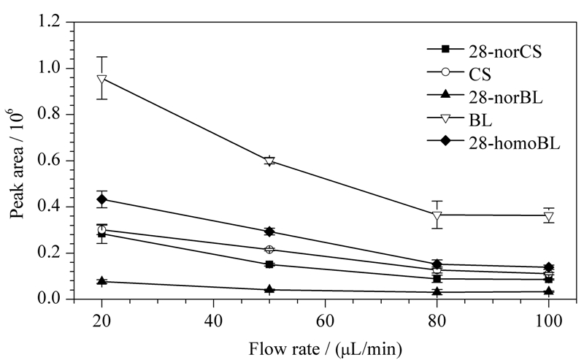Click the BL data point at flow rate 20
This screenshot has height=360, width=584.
tap(101, 79)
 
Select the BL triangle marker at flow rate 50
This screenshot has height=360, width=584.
tap(269, 161)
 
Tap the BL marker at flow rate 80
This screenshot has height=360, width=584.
tap(437, 215)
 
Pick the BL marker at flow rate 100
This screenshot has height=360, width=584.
tap(549, 215)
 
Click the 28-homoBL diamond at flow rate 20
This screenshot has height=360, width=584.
tap(101, 199)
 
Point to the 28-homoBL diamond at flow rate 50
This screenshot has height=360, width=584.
tap(269, 231)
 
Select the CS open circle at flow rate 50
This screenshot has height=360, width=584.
tap(269, 249)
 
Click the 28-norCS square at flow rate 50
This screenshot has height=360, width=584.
tap(269, 264)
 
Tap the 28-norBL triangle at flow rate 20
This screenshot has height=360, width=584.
tap(101, 281)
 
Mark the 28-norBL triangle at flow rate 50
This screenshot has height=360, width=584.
tap(269, 289)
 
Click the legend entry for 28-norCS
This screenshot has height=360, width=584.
tap(484, 52)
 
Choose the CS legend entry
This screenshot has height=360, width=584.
tap(459, 74)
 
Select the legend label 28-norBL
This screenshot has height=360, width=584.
tap(485, 98)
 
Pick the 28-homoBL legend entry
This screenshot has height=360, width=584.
tap(493, 143)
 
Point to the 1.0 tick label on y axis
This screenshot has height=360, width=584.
tap(50, 68)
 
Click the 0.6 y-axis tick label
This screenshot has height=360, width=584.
tap(50, 161)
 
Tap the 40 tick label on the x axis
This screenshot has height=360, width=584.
tap(213, 320)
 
